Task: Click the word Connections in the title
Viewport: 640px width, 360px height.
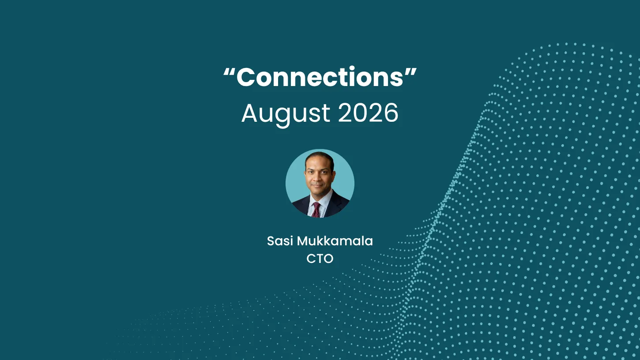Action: click(x=320, y=77)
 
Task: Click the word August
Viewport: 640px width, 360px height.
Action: click(x=286, y=114)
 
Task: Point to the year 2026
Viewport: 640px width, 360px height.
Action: click(x=369, y=113)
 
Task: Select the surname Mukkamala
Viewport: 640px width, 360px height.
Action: click(x=335, y=241)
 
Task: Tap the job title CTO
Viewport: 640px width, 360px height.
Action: click(x=320, y=259)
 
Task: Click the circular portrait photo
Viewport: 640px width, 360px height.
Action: click(x=320, y=183)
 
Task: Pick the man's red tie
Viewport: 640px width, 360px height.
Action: click(x=316, y=210)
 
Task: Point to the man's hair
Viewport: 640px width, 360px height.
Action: click(x=320, y=158)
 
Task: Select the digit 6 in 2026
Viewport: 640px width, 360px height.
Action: click(x=390, y=113)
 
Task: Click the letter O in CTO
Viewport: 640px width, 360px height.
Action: click(x=328, y=259)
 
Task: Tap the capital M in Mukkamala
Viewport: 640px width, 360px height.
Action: click(x=303, y=241)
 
